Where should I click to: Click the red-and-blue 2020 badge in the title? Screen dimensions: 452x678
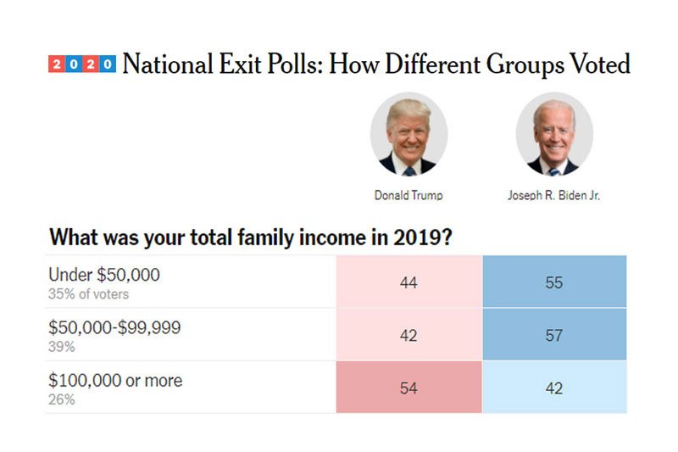pyautogui.click(x=83, y=64)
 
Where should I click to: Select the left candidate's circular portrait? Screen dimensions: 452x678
pyautogui.click(x=408, y=135)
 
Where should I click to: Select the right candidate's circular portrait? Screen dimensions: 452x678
pyautogui.click(x=554, y=135)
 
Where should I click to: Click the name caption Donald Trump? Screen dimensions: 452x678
pyautogui.click(x=408, y=195)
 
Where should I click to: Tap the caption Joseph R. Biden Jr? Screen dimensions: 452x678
pyautogui.click(x=554, y=195)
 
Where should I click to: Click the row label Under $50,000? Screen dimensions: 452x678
pyautogui.click(x=104, y=275)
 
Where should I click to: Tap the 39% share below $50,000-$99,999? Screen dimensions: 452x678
pyautogui.click(x=61, y=346)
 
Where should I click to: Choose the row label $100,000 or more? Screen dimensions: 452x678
pyautogui.click(x=115, y=381)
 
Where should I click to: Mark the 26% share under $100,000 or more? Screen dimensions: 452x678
pyautogui.click(x=61, y=399)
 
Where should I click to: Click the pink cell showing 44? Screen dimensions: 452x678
pyautogui.click(x=408, y=282)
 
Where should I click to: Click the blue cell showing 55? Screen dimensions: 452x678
pyautogui.click(x=554, y=282)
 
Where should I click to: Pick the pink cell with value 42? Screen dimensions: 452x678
pyautogui.click(x=408, y=335)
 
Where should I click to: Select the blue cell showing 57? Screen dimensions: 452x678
pyautogui.click(x=554, y=335)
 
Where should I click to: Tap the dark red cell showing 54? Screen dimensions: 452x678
pyautogui.click(x=408, y=388)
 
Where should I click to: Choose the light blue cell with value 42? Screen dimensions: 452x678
pyautogui.click(x=554, y=388)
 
